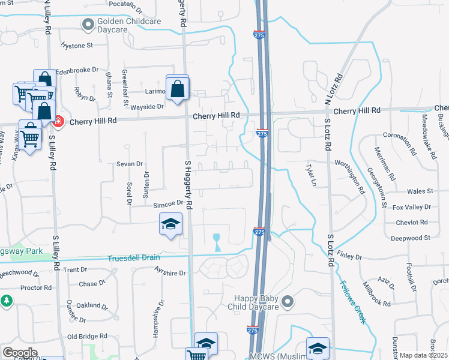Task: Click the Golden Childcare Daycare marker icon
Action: [x=88, y=25]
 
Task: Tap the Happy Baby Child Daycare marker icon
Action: [x=288, y=302]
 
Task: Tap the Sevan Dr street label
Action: [x=130, y=163]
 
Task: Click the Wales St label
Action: [x=420, y=191]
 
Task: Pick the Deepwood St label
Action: [x=411, y=238]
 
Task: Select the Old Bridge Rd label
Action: [x=87, y=337]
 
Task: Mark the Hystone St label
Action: [x=77, y=45]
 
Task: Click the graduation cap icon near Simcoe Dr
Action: [x=171, y=225]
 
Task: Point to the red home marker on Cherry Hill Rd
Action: [x=58, y=121]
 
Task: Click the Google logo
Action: [x=20, y=353]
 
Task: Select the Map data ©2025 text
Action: [x=423, y=355]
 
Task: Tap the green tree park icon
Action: [x=7, y=300]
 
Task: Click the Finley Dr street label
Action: [x=349, y=257]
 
